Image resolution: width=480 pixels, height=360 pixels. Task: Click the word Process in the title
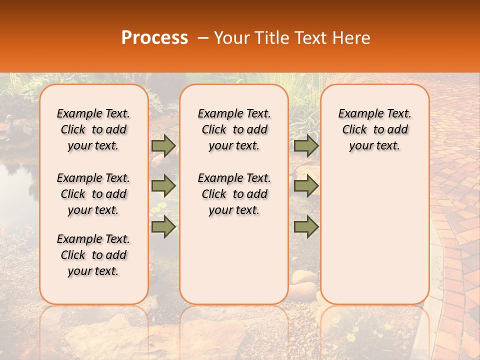pyautogui.click(x=154, y=38)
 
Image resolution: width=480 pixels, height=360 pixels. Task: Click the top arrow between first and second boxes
pyautogui.click(x=163, y=145)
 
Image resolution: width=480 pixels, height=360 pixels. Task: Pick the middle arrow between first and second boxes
pyautogui.click(x=163, y=186)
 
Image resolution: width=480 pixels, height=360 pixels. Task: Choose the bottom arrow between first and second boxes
pyautogui.click(x=163, y=227)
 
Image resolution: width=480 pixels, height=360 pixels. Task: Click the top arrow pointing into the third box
pyautogui.click(x=306, y=145)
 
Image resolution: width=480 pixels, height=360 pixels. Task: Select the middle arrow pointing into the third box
pyautogui.click(x=306, y=186)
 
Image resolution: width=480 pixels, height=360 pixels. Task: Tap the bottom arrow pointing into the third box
pyautogui.click(x=306, y=227)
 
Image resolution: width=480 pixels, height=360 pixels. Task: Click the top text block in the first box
pyautogui.click(x=93, y=129)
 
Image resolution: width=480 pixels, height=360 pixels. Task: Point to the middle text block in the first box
pyautogui.click(x=93, y=194)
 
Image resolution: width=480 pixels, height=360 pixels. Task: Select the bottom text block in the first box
pyautogui.click(x=93, y=255)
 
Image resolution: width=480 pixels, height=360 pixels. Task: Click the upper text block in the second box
pyautogui.click(x=234, y=129)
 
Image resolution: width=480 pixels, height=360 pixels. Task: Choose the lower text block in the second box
pyautogui.click(x=234, y=194)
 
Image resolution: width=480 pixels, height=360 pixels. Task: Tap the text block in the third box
pyautogui.click(x=374, y=129)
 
